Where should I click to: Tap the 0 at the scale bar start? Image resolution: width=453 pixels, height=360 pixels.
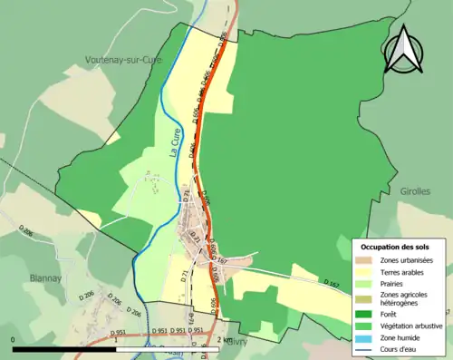[x=14, y=339]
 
